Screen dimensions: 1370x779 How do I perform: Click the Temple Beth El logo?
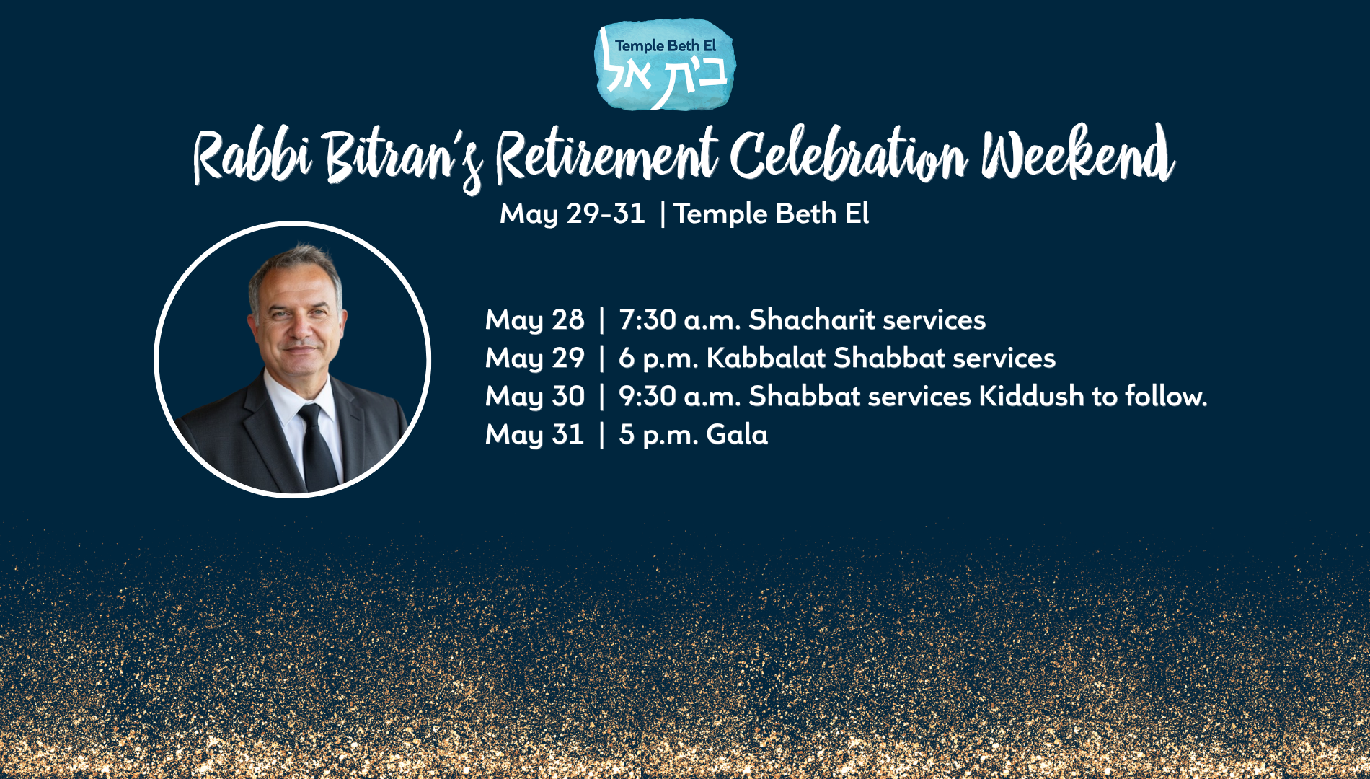[665, 65]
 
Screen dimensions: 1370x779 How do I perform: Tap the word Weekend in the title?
[1077, 154]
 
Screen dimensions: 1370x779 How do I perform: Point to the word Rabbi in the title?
[252, 157]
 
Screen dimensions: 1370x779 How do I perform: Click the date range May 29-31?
[573, 214]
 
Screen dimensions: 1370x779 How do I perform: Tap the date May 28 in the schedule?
[534, 320]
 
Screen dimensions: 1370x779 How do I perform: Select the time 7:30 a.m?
[679, 320]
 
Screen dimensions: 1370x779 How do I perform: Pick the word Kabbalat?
[766, 358]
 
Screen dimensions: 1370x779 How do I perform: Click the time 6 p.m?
[658, 358]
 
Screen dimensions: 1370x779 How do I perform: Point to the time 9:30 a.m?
[679, 396]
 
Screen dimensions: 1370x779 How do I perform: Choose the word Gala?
[737, 434]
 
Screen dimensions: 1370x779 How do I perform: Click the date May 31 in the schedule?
[534, 435]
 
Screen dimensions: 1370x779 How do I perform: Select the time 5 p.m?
[658, 435]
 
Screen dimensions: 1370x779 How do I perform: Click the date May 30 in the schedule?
[534, 397]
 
